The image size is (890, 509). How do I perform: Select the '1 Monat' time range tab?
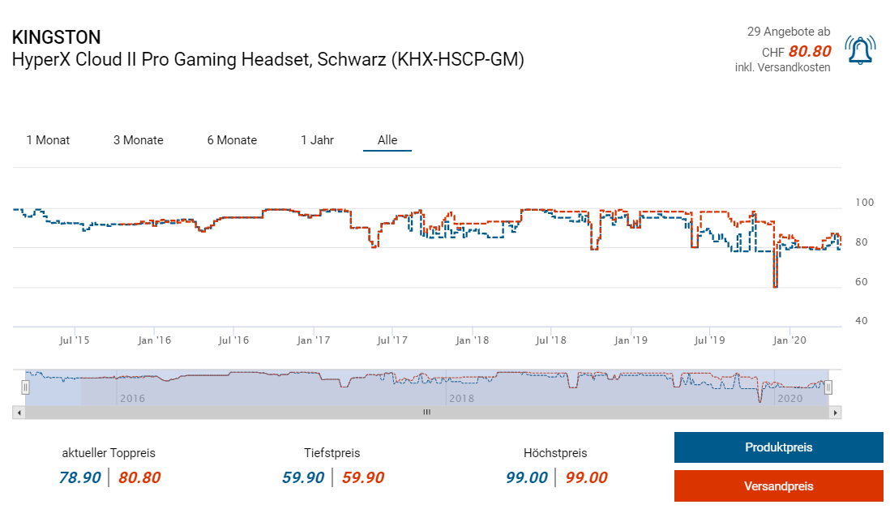coord(48,140)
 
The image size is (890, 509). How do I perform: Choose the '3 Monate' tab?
coord(138,140)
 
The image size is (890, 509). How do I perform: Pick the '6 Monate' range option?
coord(232,140)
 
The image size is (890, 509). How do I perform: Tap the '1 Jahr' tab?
coord(317,140)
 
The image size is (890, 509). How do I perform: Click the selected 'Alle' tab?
coord(387,140)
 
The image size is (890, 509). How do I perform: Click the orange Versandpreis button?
coord(778,486)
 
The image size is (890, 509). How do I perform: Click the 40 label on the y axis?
coord(862,321)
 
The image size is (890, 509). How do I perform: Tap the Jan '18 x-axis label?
coord(472,340)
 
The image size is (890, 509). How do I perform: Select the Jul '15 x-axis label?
coord(75,340)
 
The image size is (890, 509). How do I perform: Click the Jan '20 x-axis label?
coord(789,340)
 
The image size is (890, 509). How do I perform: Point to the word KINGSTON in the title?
coord(57,37)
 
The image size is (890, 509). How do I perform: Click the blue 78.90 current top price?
coord(79,477)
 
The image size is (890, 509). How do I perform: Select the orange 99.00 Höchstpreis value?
coord(586,477)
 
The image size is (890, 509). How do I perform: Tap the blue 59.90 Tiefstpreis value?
coord(303,477)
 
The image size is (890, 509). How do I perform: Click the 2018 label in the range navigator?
coord(461,399)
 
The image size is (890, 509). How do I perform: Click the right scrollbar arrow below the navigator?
coord(836,413)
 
